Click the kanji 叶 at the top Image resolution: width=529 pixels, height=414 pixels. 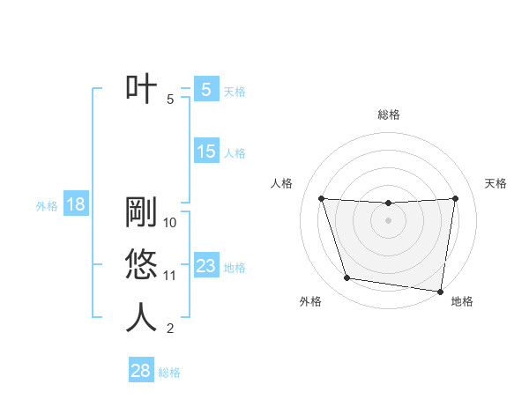[x=141, y=90]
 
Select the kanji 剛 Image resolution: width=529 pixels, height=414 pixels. [x=141, y=211]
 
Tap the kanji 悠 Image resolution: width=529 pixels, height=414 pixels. [x=141, y=265]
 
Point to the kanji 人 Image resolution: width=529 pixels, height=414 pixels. [x=141, y=318]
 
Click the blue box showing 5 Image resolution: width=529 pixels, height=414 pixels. [x=205, y=89]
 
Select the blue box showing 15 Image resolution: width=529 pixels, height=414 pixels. [x=205, y=152]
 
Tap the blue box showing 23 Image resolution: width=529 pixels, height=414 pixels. [x=205, y=265]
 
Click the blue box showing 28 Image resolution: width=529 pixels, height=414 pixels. [x=141, y=371]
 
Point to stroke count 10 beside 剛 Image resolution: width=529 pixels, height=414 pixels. [x=170, y=222]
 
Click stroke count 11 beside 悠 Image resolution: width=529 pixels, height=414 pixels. [x=170, y=276]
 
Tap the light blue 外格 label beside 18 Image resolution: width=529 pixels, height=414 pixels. [x=47, y=206]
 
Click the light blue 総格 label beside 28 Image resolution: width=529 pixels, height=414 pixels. [x=169, y=372]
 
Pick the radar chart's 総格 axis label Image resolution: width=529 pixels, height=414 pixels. [x=388, y=115]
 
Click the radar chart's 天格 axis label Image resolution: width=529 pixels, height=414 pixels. [x=495, y=183]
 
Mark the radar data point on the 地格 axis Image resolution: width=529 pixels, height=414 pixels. [x=439, y=291]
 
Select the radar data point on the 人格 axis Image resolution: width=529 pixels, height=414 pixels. [x=321, y=198]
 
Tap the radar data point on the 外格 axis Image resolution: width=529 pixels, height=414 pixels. [x=347, y=278]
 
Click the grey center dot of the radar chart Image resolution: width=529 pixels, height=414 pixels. [x=388, y=220]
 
